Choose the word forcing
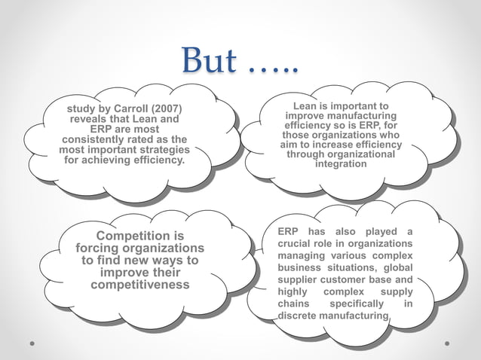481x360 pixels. (x=102, y=249)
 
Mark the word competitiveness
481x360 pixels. (x=139, y=285)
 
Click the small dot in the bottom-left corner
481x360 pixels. (x=32, y=343)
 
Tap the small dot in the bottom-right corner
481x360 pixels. (x=448, y=343)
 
